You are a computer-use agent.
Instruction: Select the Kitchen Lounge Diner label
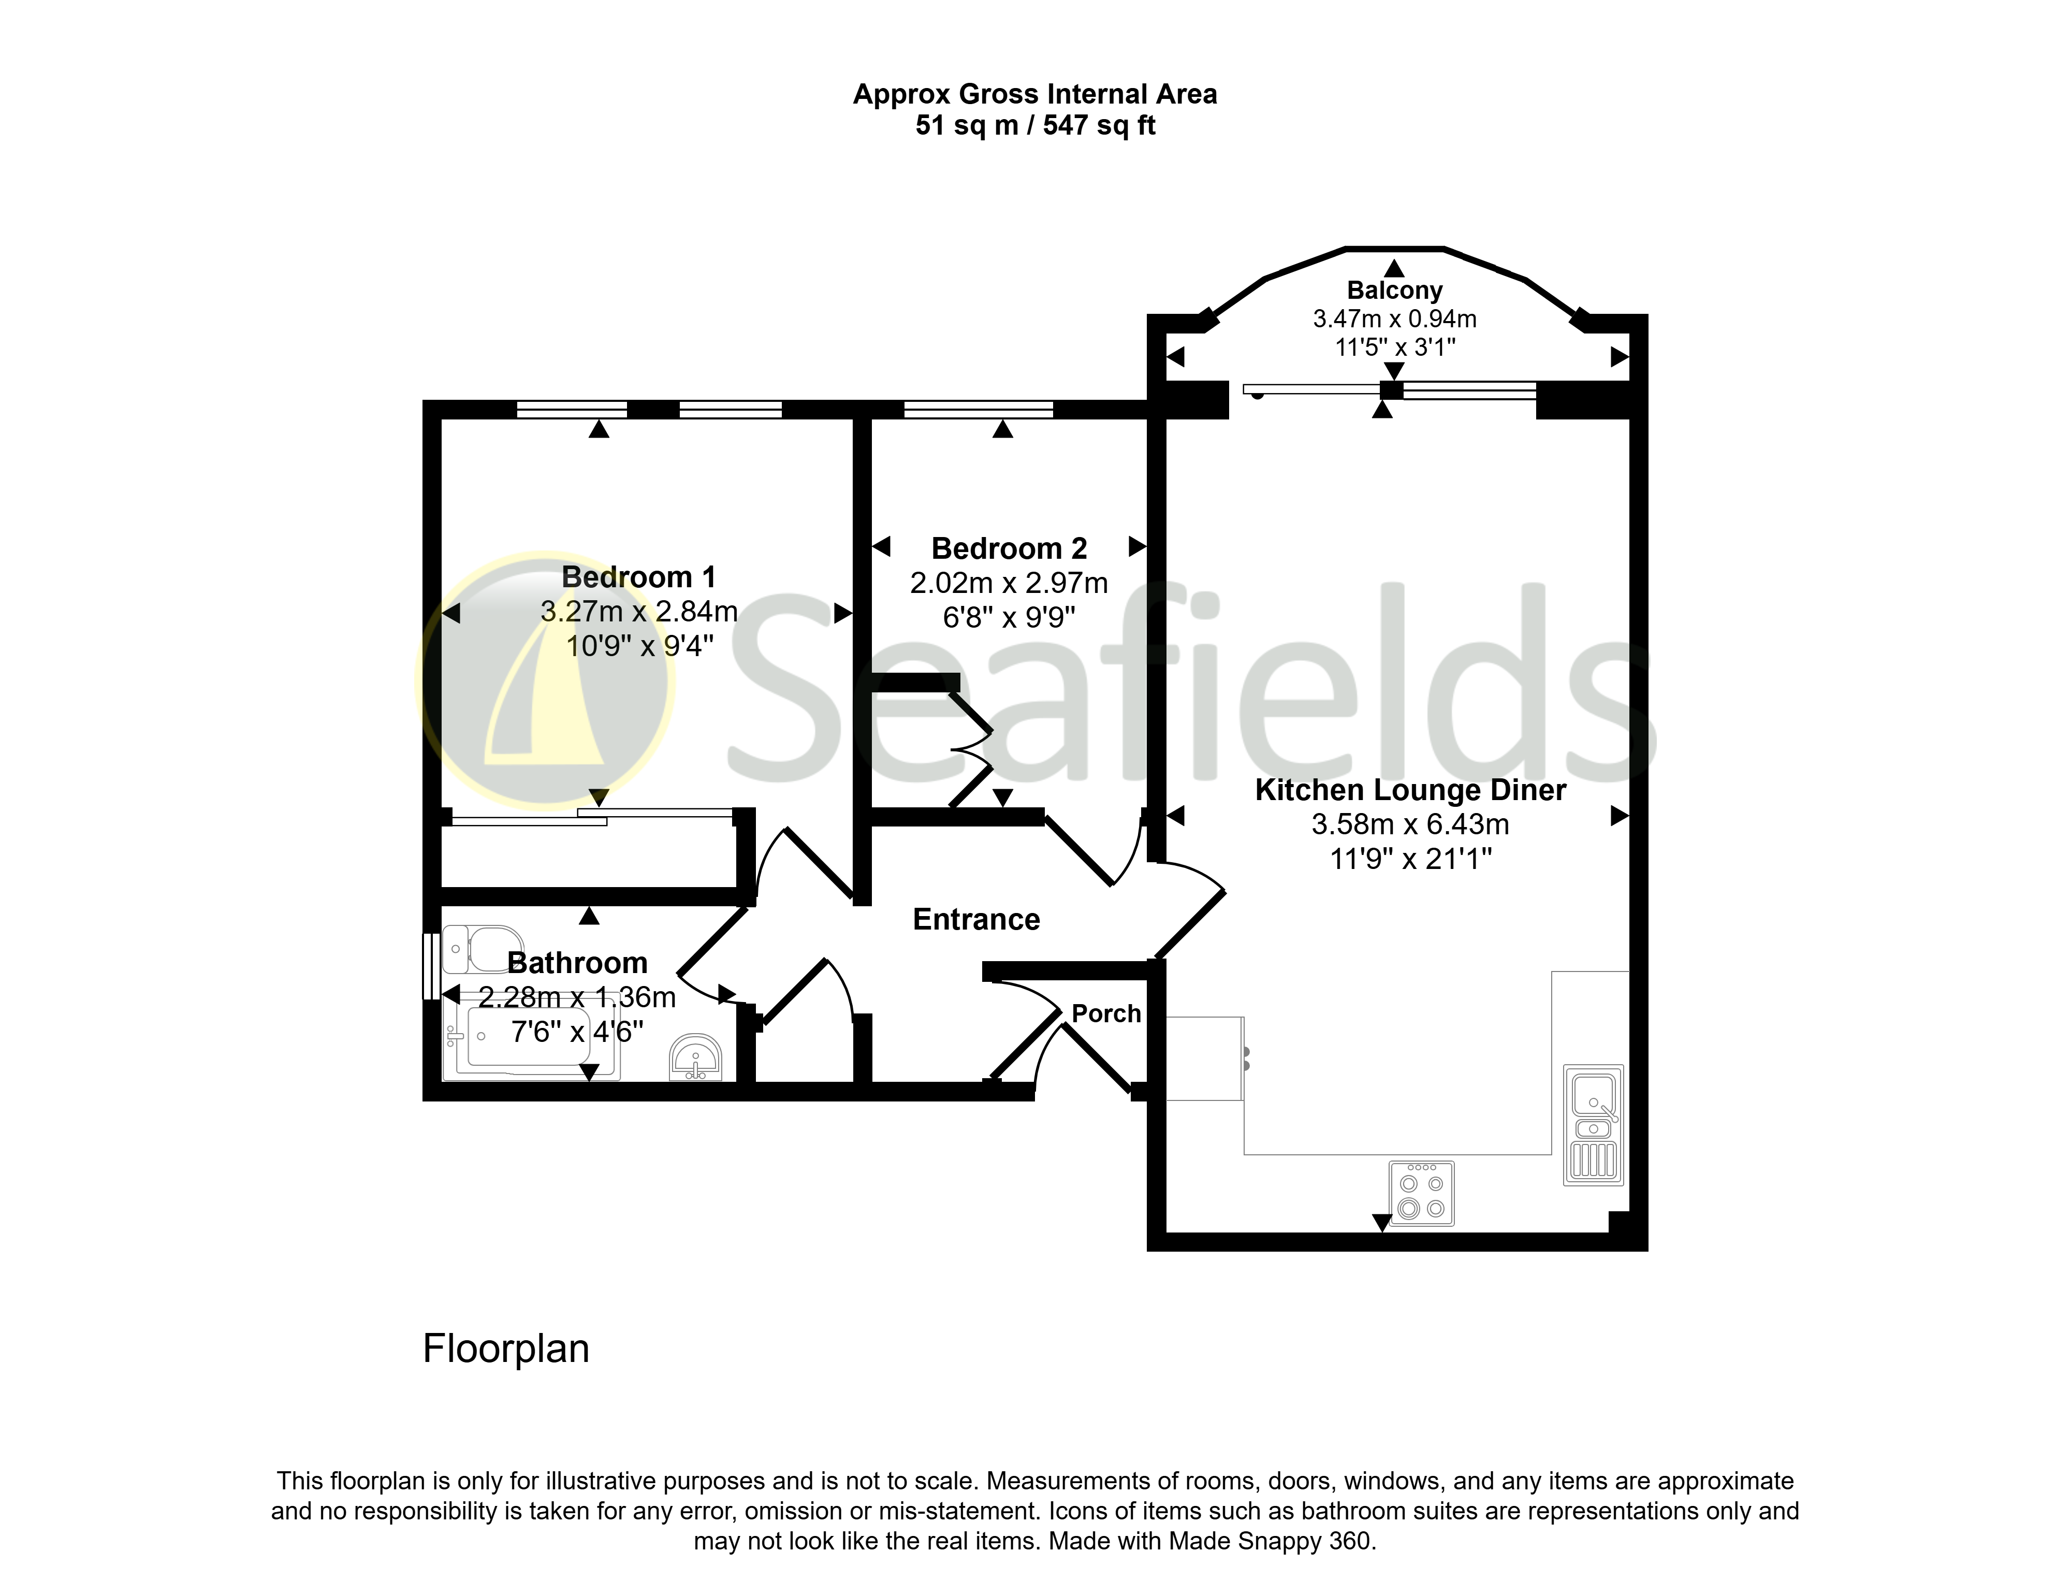point(1410,790)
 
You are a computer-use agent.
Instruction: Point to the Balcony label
point(1394,290)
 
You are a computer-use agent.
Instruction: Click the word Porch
point(1106,1014)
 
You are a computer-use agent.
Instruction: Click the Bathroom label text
point(577,963)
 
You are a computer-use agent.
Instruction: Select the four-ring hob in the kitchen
point(1421,1193)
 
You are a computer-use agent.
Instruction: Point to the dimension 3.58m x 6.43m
point(1410,824)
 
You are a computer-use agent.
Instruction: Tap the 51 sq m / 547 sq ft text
point(1035,125)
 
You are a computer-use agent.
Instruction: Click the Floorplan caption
point(505,1349)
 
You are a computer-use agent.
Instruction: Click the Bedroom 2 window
point(979,410)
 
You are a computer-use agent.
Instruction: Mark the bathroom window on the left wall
point(431,966)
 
